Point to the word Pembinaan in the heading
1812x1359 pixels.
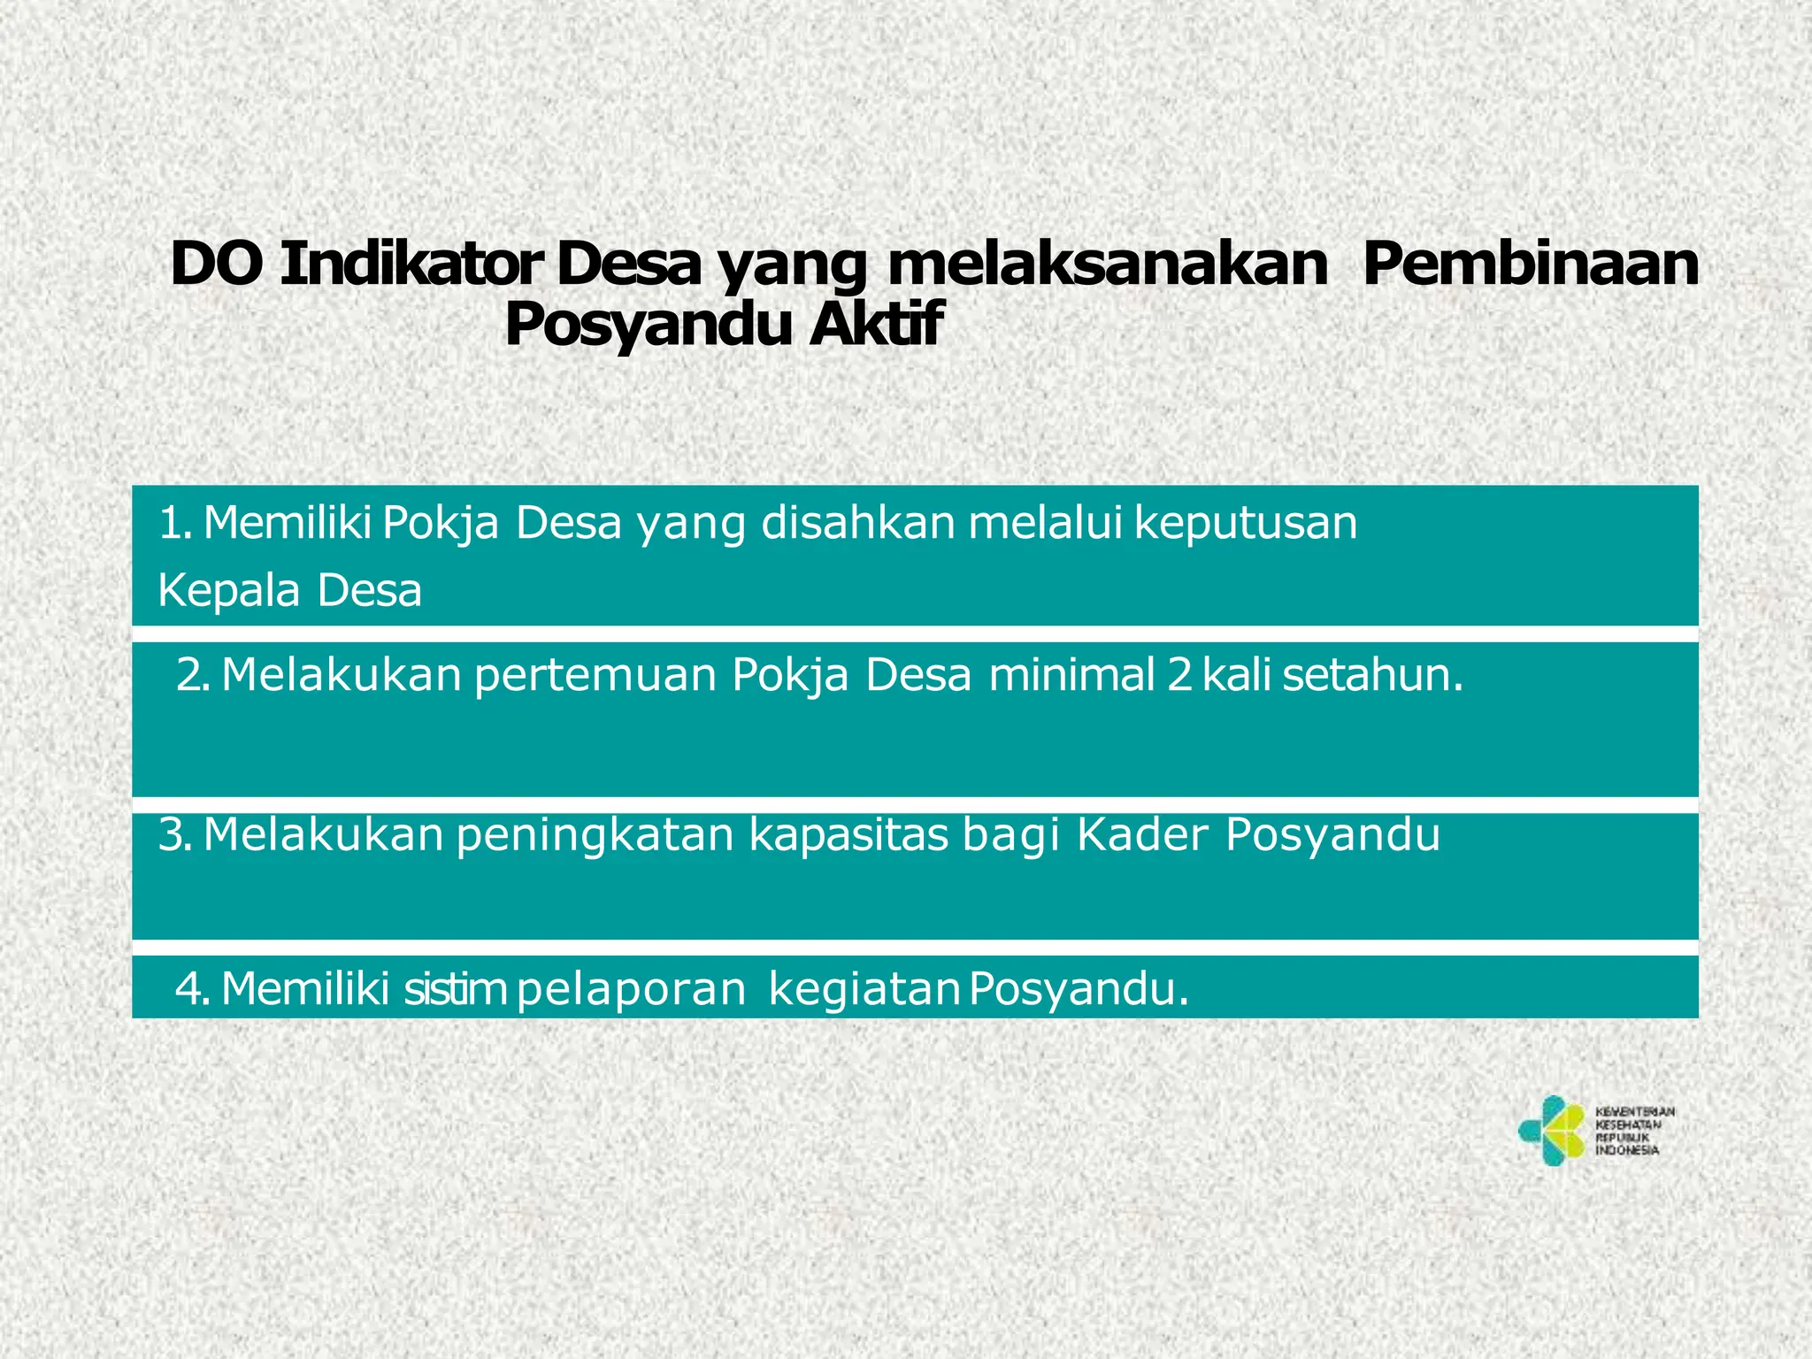(x=1530, y=265)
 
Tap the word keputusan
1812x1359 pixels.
(x=1246, y=525)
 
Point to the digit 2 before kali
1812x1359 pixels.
(x=1179, y=675)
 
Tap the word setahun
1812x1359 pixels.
(x=1372, y=675)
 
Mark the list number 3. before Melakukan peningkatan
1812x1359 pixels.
(x=174, y=834)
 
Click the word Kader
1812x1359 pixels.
(x=1142, y=834)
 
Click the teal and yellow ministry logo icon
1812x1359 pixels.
(x=1551, y=1131)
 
